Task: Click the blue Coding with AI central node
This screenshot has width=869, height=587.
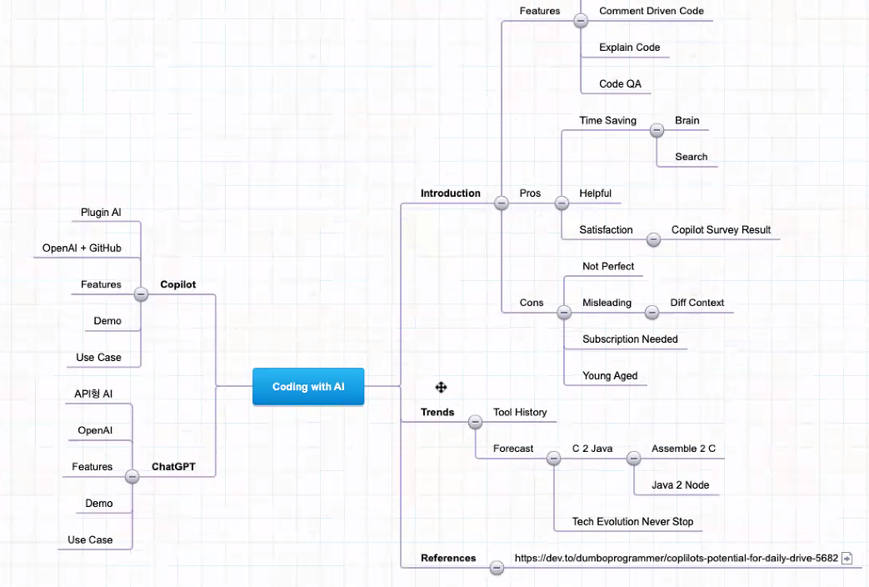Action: click(x=308, y=387)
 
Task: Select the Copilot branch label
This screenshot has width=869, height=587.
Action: click(x=177, y=284)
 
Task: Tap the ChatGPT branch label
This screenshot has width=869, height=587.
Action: click(x=173, y=467)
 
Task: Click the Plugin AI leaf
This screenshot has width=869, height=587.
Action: click(x=101, y=213)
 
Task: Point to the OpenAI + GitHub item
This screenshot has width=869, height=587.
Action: click(x=82, y=248)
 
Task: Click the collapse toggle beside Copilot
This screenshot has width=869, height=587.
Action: click(x=142, y=293)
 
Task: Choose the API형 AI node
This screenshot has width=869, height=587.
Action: click(x=93, y=394)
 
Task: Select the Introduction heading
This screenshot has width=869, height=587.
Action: click(x=450, y=193)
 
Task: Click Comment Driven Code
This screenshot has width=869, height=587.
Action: click(x=651, y=12)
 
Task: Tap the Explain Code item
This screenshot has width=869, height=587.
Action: click(x=629, y=48)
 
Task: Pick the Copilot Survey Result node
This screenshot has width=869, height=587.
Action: click(x=721, y=230)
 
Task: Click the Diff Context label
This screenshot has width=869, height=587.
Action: click(x=697, y=303)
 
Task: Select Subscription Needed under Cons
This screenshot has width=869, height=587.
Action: click(x=630, y=339)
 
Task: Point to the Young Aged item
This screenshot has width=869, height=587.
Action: click(x=610, y=376)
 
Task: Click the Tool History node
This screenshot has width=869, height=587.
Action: click(x=520, y=412)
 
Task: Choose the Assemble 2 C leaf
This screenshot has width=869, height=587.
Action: click(x=683, y=449)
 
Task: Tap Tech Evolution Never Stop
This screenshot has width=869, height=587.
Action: click(x=632, y=522)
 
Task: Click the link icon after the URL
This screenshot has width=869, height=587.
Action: click(x=847, y=559)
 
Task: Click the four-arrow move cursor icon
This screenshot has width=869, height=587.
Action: click(x=442, y=387)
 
